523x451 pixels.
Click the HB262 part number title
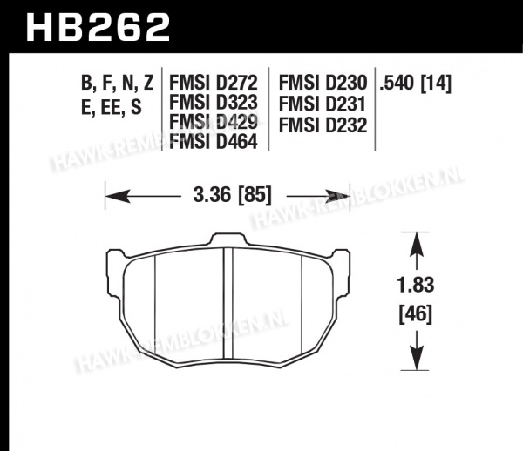tap(98, 27)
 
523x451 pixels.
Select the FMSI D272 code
tap(214, 83)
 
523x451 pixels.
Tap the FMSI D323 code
tap(214, 102)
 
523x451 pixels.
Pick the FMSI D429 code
tap(214, 122)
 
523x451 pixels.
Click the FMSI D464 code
tap(214, 141)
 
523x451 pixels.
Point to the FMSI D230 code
tap(323, 83)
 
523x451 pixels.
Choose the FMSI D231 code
tap(323, 104)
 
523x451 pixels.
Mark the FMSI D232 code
tap(323, 125)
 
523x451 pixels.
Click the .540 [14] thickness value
tap(415, 83)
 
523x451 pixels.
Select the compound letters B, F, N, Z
tap(117, 84)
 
